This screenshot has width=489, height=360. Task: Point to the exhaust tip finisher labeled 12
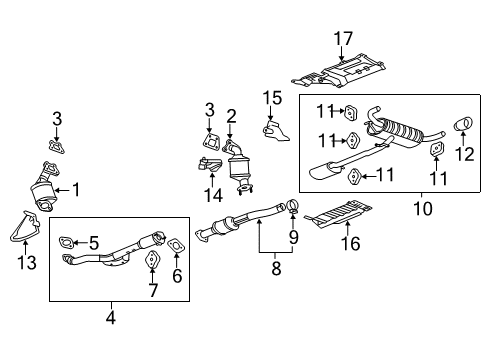(x=466, y=125)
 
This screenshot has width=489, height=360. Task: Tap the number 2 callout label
(x=230, y=117)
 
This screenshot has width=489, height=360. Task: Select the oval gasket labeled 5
(x=67, y=242)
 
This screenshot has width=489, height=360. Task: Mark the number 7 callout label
(x=152, y=291)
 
